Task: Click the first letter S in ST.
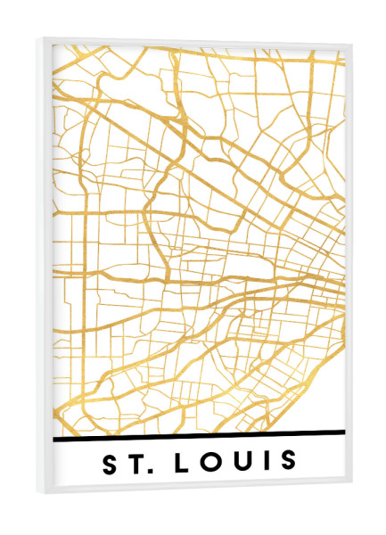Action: tap(111, 464)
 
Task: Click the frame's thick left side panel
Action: tap(46, 267)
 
